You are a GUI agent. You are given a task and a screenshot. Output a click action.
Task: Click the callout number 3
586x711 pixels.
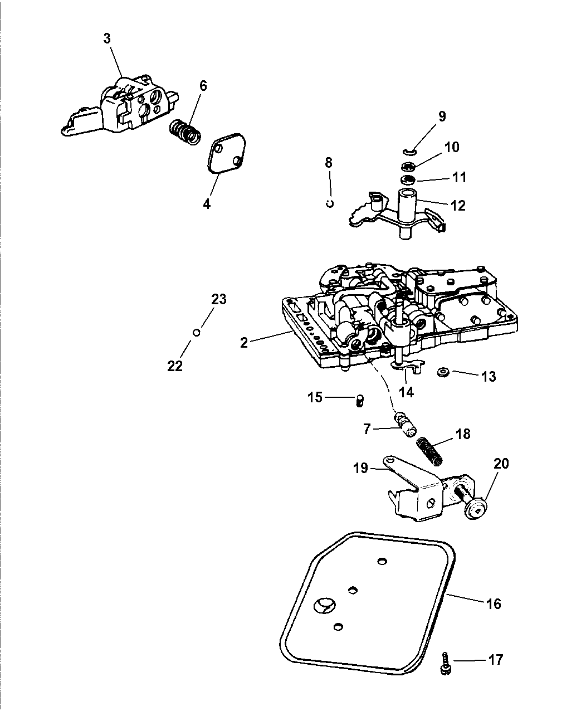(106, 38)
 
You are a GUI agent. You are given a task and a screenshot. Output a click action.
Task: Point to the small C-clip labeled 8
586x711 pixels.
(330, 203)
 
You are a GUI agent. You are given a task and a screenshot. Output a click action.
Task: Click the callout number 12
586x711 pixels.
(458, 205)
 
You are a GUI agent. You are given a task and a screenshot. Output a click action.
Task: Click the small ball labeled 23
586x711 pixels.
(196, 333)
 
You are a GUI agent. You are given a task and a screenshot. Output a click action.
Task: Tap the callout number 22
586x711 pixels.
(175, 366)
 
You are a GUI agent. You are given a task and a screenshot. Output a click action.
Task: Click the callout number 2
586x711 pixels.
(244, 342)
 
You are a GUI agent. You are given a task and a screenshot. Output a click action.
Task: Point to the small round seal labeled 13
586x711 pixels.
(444, 372)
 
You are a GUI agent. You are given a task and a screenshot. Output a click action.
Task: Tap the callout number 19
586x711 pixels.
(361, 468)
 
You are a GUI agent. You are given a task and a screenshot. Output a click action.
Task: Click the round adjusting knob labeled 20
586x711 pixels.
(477, 509)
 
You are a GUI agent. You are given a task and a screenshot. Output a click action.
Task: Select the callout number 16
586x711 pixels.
(493, 603)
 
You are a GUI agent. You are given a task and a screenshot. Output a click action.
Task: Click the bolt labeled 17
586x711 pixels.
(445, 661)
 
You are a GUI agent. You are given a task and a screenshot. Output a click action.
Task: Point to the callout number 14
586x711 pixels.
(407, 392)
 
